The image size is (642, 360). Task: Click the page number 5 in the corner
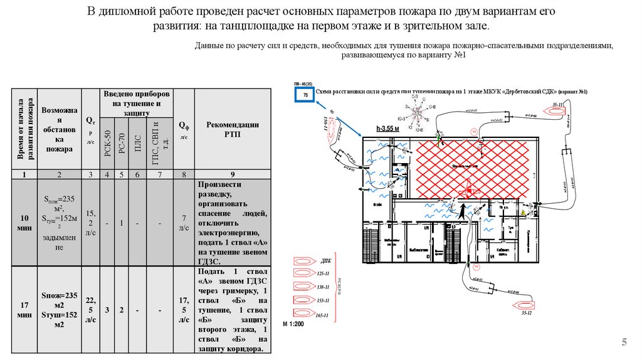(x=624, y=342)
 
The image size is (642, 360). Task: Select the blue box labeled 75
(x=305, y=95)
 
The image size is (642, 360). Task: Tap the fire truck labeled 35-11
(x=555, y=111)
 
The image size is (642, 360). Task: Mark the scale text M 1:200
(x=293, y=324)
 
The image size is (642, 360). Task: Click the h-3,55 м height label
(x=387, y=128)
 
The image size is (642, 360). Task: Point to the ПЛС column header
(x=137, y=143)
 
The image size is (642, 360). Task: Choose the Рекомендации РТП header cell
(x=233, y=129)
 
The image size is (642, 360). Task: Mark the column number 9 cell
(x=233, y=174)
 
